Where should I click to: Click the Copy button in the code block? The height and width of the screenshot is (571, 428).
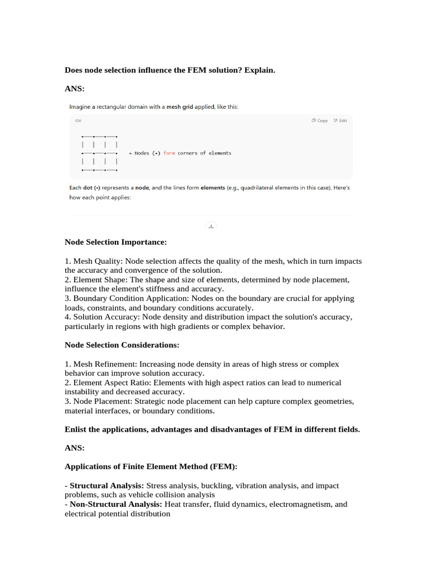coord(320,120)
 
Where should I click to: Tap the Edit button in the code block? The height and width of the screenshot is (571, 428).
coord(340,120)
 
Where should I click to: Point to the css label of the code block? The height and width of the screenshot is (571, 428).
coord(77,120)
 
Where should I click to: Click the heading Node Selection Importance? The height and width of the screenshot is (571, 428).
coord(115,242)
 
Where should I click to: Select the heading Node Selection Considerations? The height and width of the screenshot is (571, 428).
coord(122,345)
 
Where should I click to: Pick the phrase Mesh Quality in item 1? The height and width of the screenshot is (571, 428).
coord(96,261)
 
